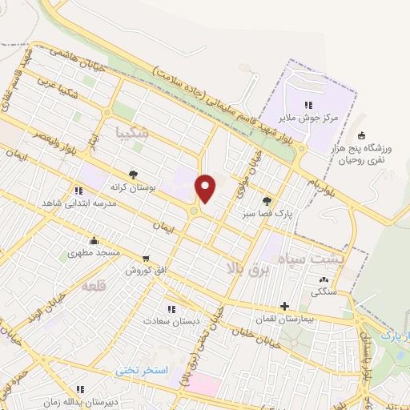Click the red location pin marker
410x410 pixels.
pyautogui.click(x=206, y=188)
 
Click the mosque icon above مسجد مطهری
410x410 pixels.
pyautogui.click(x=94, y=239)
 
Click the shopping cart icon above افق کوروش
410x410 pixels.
pyautogui.click(x=145, y=259)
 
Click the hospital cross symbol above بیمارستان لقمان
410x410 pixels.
pyautogui.click(x=285, y=306)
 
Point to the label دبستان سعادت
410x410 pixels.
pyautogui.click(x=170, y=320)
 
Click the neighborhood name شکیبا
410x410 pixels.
pyautogui.click(x=132, y=132)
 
